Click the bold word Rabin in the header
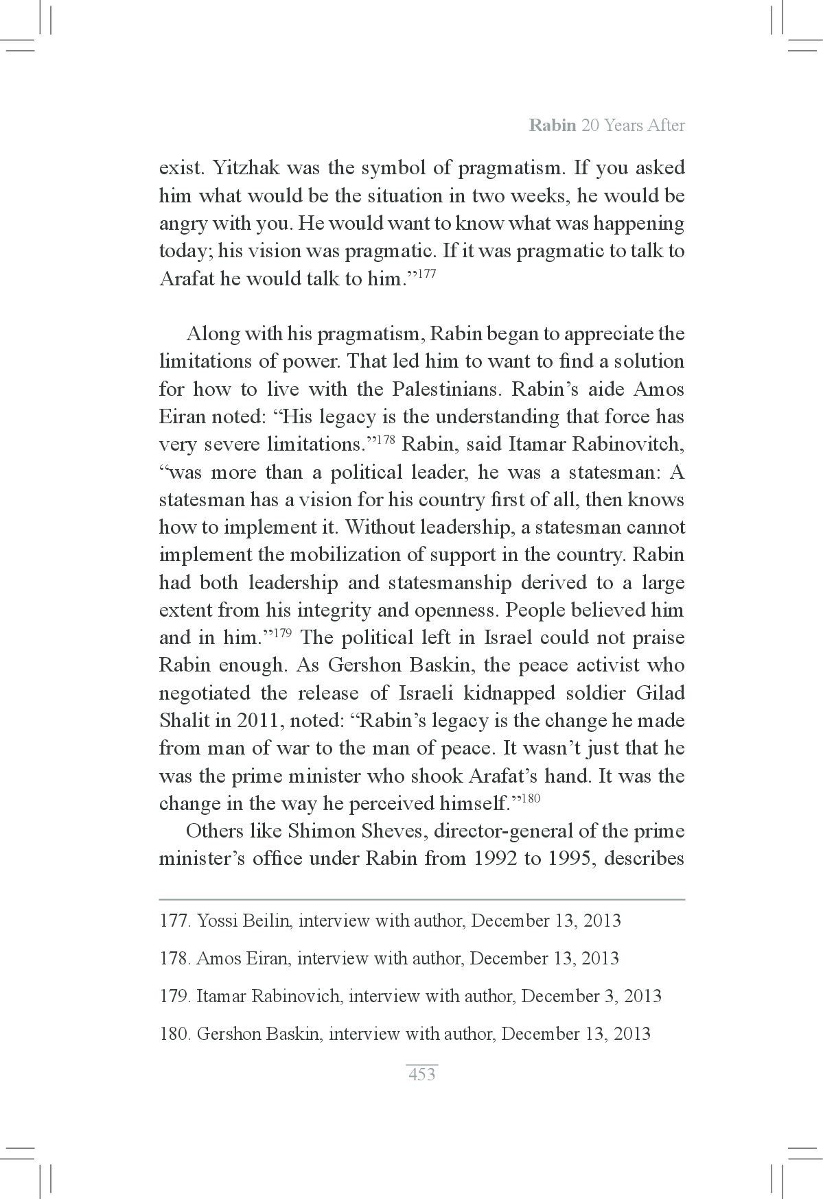tap(552, 126)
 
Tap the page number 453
tap(421, 1074)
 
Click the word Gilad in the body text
tap(660, 693)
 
